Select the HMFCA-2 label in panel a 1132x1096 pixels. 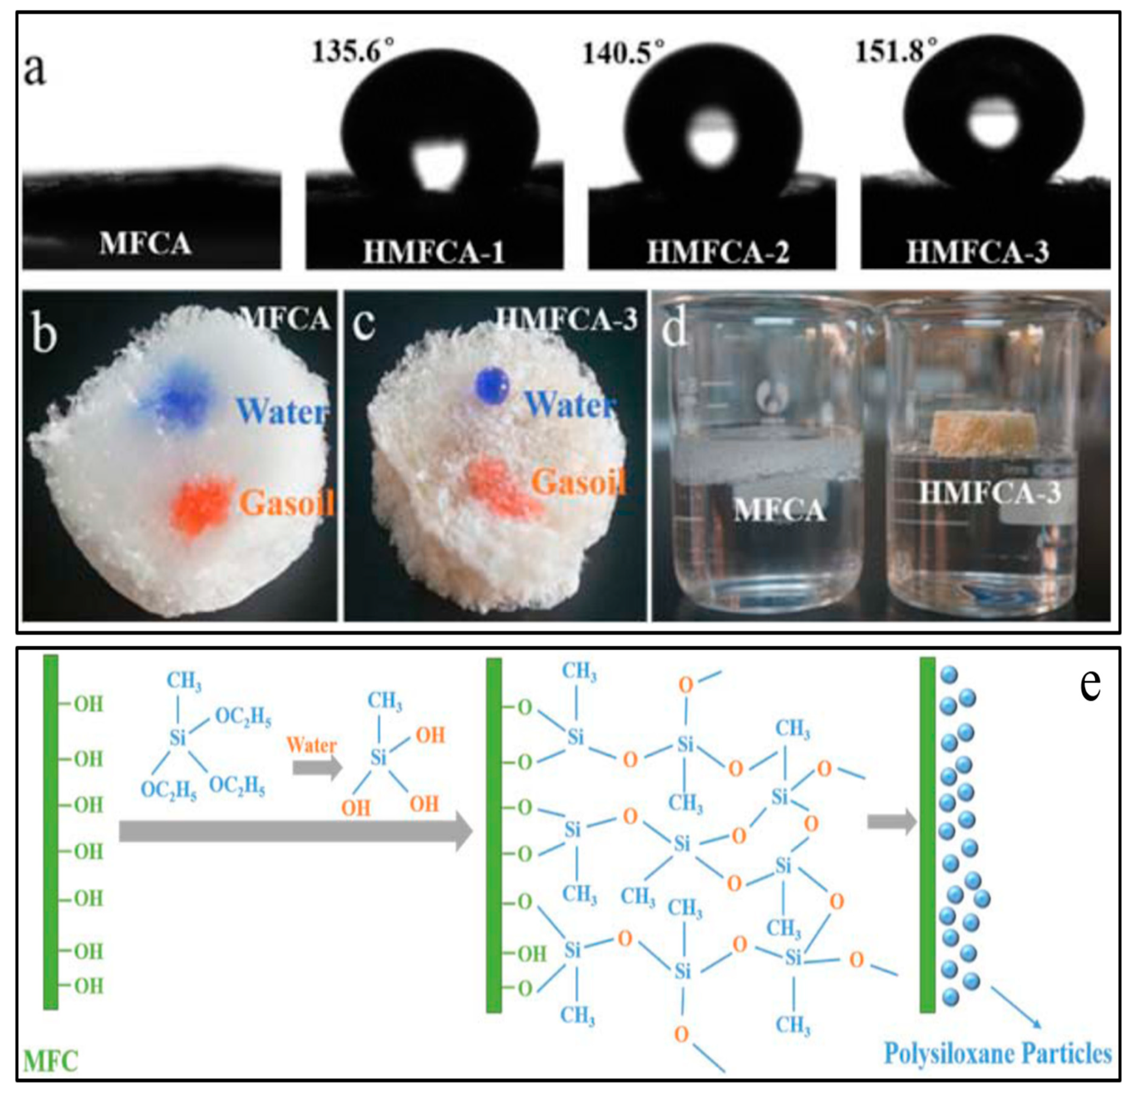click(x=718, y=252)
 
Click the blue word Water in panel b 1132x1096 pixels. click(x=281, y=411)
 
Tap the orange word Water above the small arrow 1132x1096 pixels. click(x=311, y=745)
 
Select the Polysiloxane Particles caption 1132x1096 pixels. click(x=997, y=1053)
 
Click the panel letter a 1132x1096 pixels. click(x=35, y=70)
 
